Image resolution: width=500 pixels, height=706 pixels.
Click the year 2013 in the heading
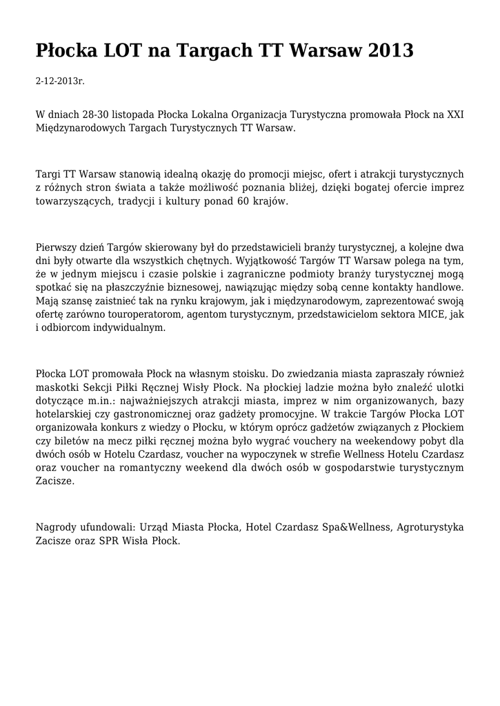coord(390,50)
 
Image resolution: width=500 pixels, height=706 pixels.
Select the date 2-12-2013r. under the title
coord(60,81)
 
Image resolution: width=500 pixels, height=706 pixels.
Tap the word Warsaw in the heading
coord(323,50)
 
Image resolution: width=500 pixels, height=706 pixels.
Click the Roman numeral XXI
coord(455,114)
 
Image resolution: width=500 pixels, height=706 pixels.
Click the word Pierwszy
coord(57,247)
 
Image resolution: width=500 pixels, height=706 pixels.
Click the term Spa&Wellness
coord(350,527)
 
